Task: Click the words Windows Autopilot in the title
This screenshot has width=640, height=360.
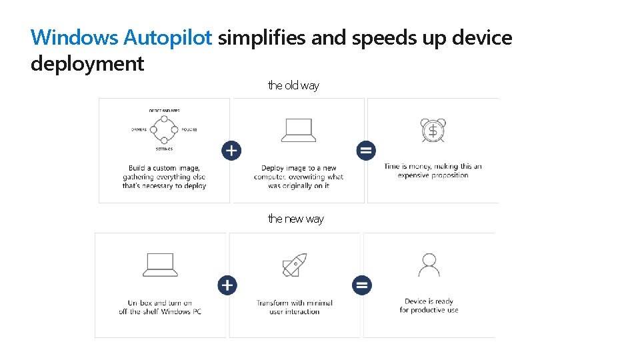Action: pos(122,38)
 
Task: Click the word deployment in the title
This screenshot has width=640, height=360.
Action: pos(87,64)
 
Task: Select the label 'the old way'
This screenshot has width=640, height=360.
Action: pos(293,85)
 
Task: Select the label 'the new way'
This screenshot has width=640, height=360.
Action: pos(295,219)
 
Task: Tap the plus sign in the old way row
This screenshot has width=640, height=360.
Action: pos(231,151)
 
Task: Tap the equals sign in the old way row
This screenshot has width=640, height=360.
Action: pos(366,151)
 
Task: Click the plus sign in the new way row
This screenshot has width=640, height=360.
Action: pos(227,285)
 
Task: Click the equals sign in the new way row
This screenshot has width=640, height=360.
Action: pos(362,285)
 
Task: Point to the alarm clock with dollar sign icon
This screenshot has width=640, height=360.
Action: pos(433,130)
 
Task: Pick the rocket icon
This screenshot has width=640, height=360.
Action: pos(295,265)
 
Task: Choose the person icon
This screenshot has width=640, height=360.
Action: pos(429,264)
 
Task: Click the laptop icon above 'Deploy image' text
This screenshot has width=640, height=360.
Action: pos(298,130)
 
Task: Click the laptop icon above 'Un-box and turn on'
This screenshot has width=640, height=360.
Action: pos(160,265)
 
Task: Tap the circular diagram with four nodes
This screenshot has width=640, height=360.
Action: pos(164,129)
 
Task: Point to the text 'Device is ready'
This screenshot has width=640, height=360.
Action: pos(429,301)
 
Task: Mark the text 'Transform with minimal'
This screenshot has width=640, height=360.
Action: pos(294,303)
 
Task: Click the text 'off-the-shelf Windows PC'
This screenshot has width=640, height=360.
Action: pos(160,311)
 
